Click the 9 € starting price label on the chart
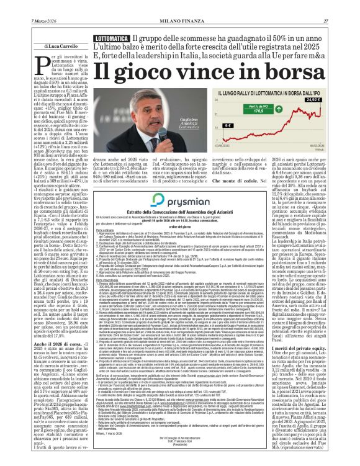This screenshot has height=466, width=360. pyautogui.click(x=228, y=125)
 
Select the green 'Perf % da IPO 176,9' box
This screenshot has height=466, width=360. pyautogui.click(x=268, y=110)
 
